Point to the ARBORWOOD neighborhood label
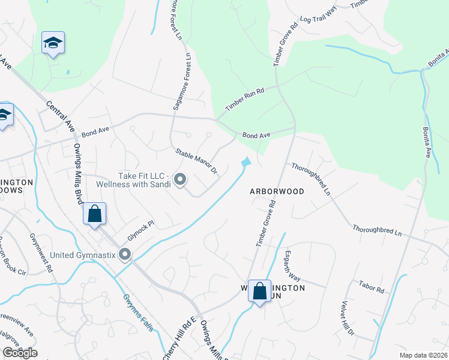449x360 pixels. (x=277, y=191)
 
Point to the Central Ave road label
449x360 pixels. (x=61, y=116)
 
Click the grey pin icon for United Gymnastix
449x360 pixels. (x=125, y=255)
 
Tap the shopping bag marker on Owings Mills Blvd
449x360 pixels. (x=95, y=214)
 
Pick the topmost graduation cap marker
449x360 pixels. (x=53, y=43)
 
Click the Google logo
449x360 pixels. (x=19, y=353)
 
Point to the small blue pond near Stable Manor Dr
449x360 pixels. (x=246, y=162)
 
